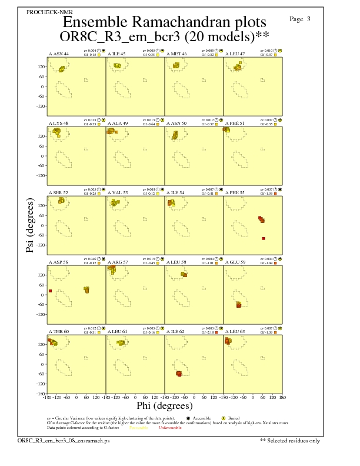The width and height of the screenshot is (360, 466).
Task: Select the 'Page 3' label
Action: (x=300, y=19)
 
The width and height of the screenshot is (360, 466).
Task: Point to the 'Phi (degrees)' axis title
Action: (x=164, y=405)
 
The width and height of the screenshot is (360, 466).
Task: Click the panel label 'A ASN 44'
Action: (x=59, y=54)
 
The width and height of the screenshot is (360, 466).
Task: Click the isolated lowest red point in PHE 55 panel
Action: (x=264, y=238)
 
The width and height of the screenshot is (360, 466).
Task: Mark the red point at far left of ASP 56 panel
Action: (x=51, y=291)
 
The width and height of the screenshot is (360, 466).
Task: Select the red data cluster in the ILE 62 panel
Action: (x=179, y=374)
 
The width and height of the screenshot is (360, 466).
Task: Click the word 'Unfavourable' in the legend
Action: (x=169, y=428)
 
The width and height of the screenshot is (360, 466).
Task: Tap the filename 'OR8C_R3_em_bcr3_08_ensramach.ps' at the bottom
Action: (x=51, y=440)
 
